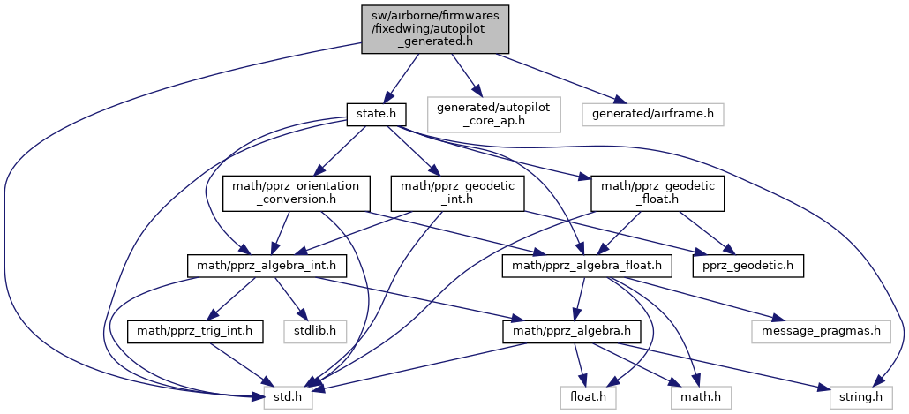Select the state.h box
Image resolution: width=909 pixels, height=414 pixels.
pos(376,114)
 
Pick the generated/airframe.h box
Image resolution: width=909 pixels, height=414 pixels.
pos(652,114)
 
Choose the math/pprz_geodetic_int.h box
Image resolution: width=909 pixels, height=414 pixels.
pos(457,193)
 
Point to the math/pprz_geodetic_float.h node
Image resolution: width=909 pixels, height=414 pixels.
pos(657,193)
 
